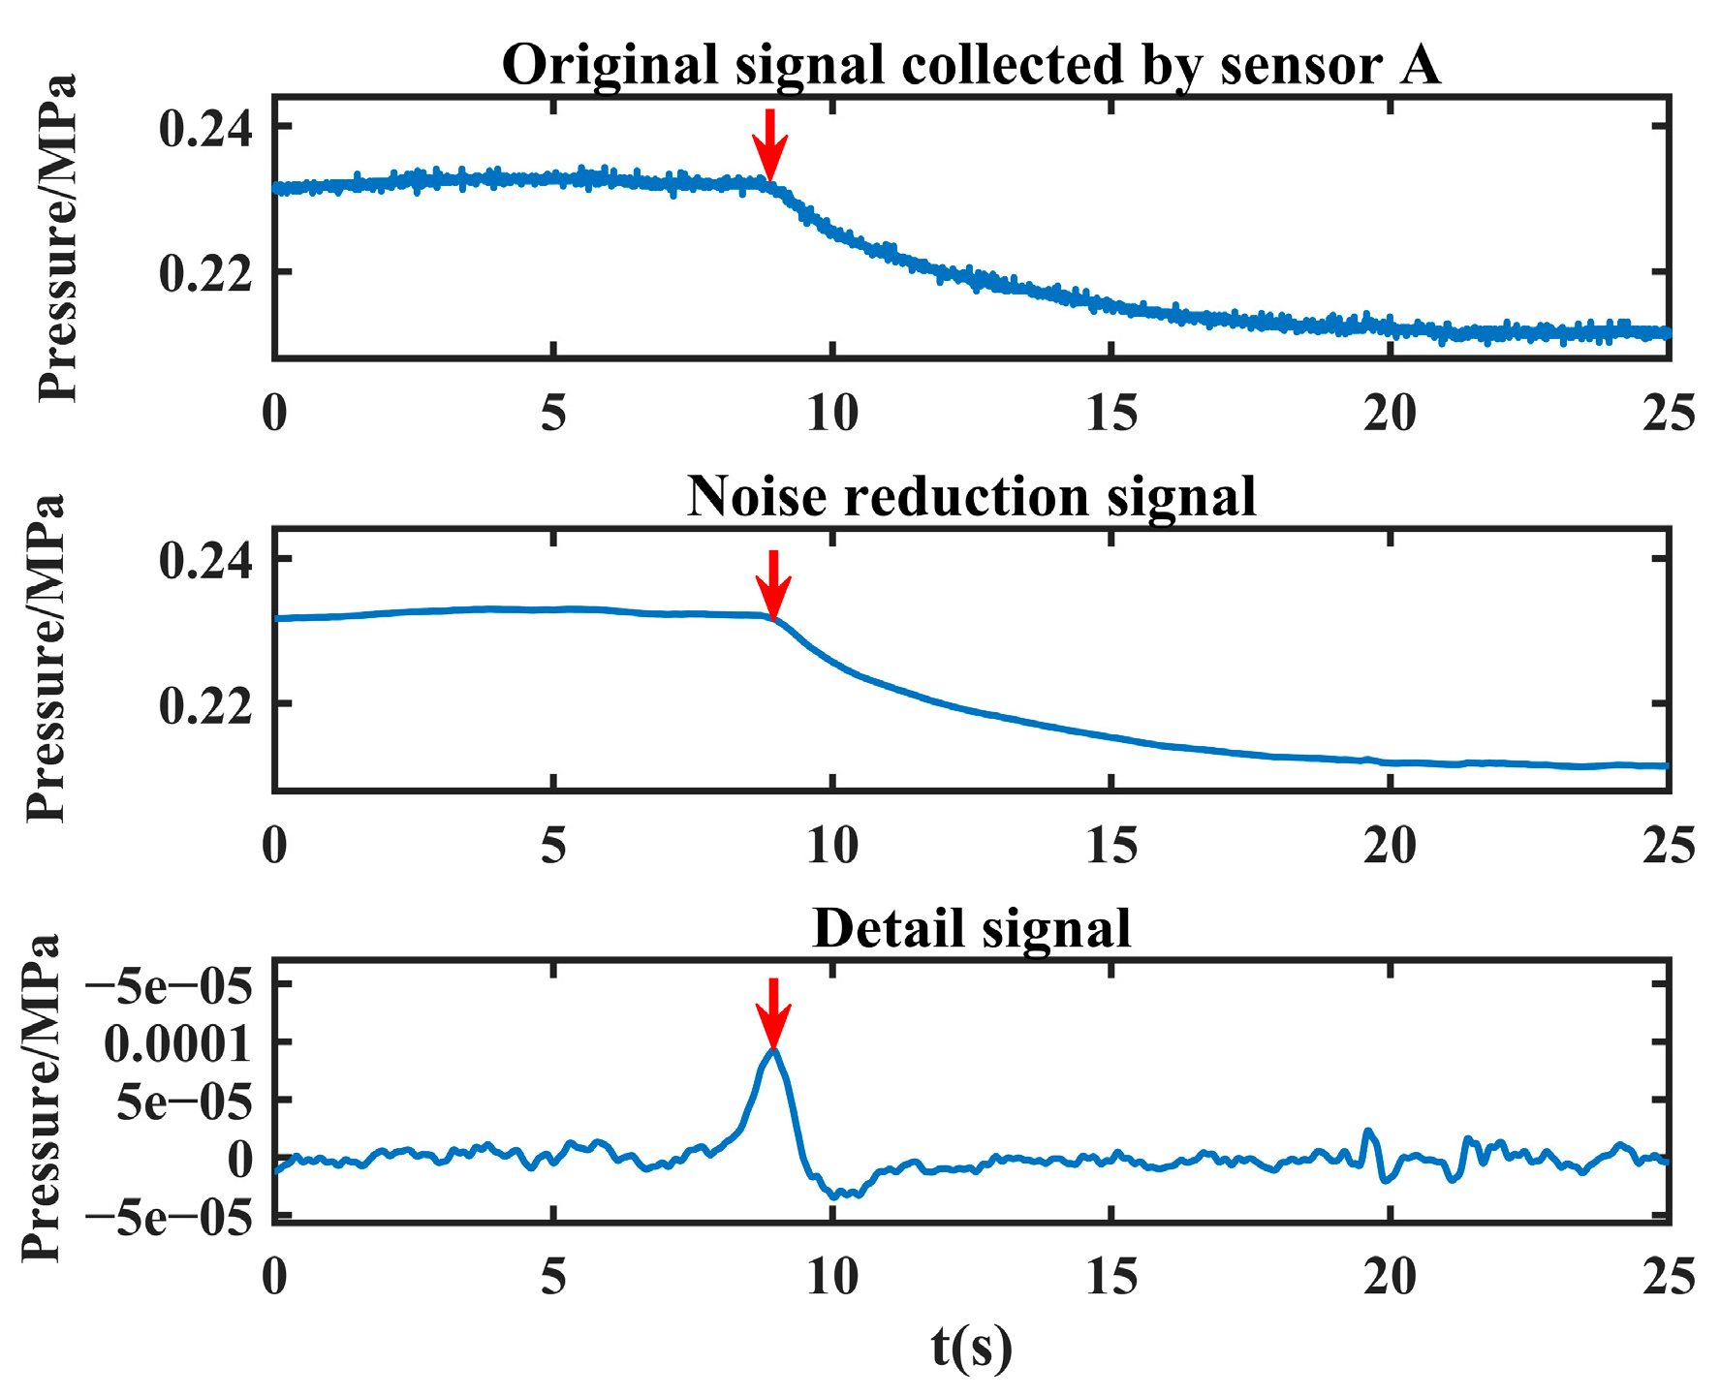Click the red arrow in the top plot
[769, 145]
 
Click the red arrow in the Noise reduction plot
[772, 584]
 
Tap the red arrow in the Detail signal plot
[772, 1013]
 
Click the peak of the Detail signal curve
[772, 1050]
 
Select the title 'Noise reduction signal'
[971, 497]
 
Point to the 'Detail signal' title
[971, 928]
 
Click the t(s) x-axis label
[971, 1347]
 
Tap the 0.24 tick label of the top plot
[204, 129]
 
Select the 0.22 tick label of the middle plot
[204, 705]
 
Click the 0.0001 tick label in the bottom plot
[176, 1043]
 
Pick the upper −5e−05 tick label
[169, 986]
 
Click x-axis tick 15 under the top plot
[1111, 414]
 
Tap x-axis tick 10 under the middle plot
[832, 845]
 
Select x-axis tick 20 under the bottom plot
[1390, 1277]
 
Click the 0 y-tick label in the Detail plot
[239, 1159]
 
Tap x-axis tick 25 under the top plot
[1668, 414]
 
